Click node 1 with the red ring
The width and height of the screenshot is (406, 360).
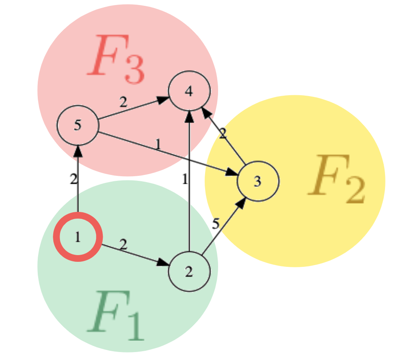click(x=78, y=237)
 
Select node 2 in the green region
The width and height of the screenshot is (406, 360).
click(x=189, y=271)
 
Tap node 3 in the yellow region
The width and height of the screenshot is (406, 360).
click(x=258, y=181)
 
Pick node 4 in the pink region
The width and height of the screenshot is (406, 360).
click(x=189, y=91)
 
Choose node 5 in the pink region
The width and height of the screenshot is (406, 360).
click(x=78, y=125)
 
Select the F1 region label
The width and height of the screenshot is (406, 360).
click(x=116, y=316)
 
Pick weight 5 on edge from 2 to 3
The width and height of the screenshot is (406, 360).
click(x=216, y=224)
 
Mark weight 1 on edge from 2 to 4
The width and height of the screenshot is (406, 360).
click(x=184, y=180)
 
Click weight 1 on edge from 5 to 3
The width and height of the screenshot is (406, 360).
click(x=158, y=144)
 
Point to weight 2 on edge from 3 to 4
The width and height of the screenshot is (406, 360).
click(x=222, y=133)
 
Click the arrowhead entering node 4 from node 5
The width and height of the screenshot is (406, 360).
click(x=164, y=99)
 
